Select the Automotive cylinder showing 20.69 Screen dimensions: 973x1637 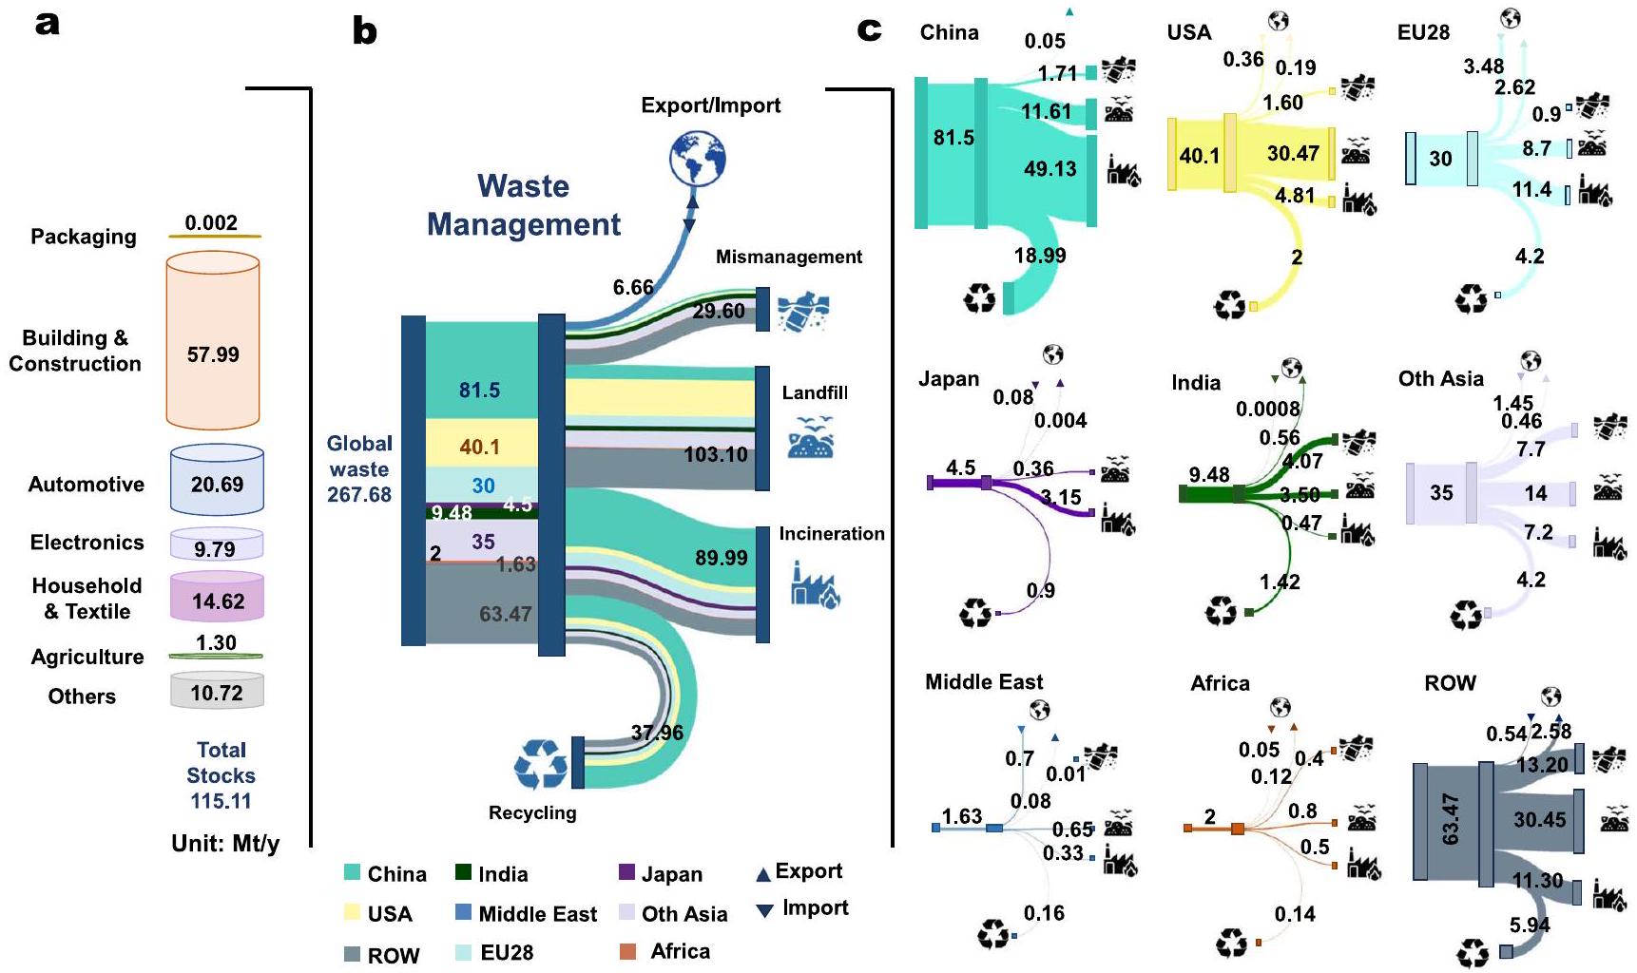coord(217,484)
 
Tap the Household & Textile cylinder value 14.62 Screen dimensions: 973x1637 coord(218,601)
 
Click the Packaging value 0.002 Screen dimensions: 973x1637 coord(211,223)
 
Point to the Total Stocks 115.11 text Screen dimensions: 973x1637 coord(221,775)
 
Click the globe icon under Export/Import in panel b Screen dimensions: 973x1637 coord(697,160)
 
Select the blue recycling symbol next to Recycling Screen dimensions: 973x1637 coord(541,765)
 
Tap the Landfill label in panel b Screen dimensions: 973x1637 coord(815,392)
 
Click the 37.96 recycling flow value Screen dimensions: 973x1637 coord(657,733)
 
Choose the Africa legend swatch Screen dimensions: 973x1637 coord(627,951)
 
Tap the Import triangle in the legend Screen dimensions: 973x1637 coord(763,911)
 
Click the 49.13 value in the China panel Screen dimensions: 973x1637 coord(1050,169)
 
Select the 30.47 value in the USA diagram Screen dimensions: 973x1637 coord(1293,153)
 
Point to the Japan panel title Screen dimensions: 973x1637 coord(948,378)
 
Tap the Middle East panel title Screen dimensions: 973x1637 coord(984,681)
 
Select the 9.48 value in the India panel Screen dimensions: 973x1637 coord(1208,474)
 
